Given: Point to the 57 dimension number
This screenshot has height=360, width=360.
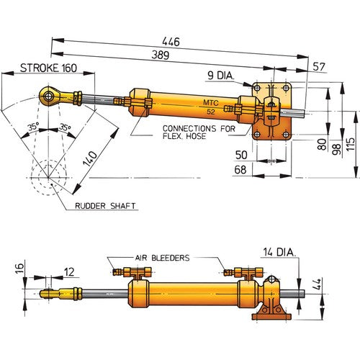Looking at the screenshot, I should pyautogui.click(x=318, y=66).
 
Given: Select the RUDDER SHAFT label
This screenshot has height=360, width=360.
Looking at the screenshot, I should pyautogui.click(x=106, y=206).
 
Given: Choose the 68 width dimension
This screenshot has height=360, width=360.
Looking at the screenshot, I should pyautogui.click(x=243, y=170).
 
